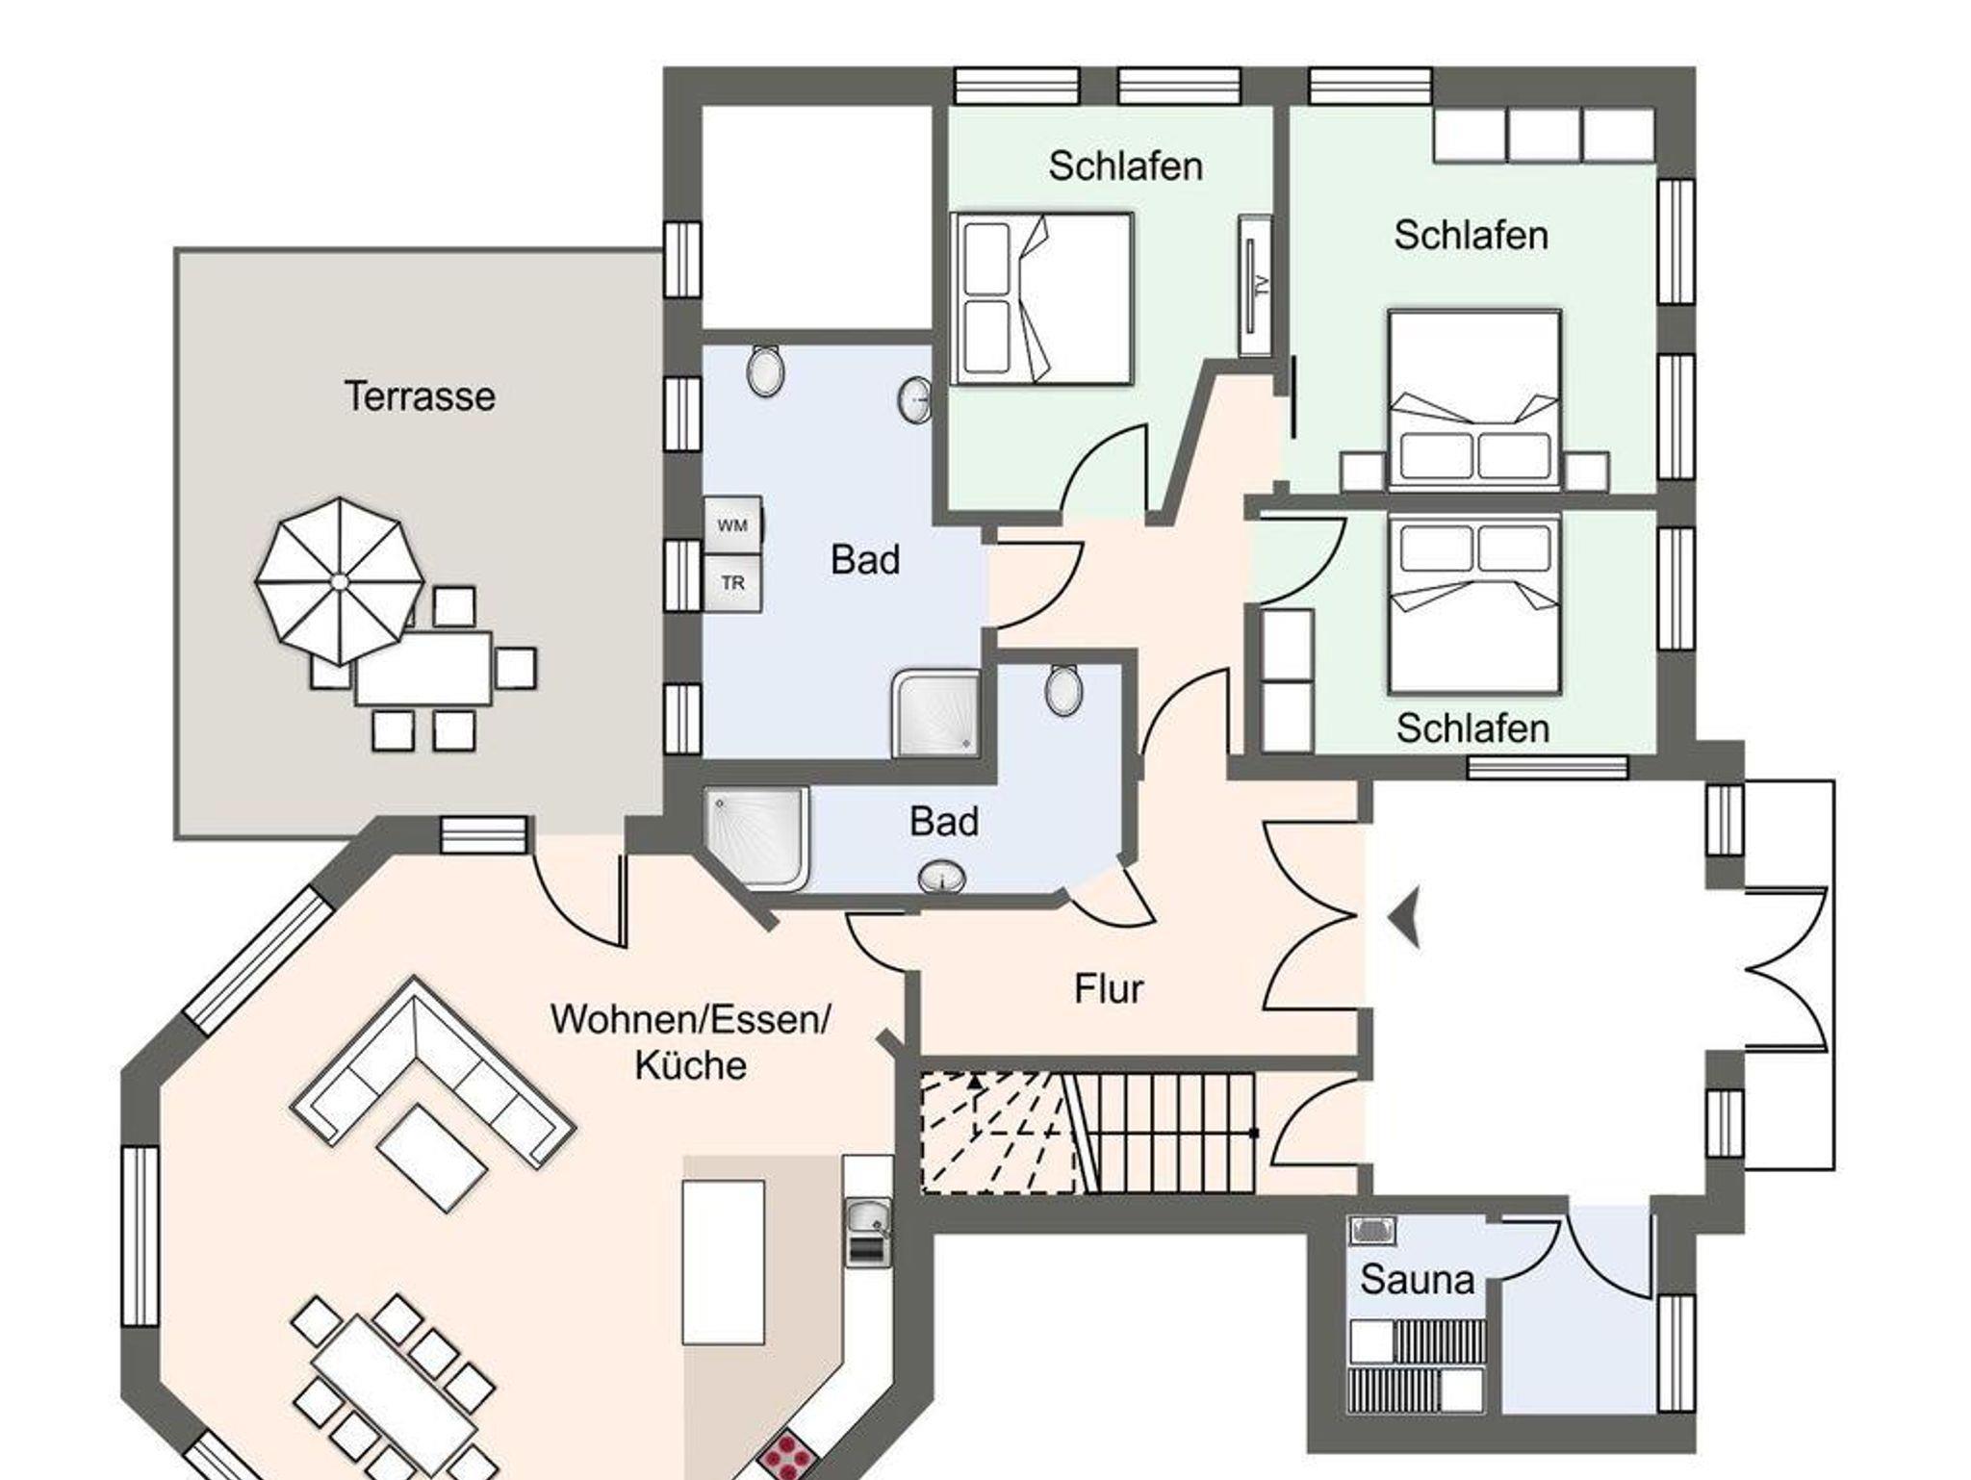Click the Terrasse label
420,396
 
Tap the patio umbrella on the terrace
339,581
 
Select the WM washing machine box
732,525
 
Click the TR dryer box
732,583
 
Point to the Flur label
1109,989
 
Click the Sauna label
1417,1280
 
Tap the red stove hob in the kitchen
786,1457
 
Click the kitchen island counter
723,1262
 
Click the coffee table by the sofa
432,1157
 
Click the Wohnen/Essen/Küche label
690,1042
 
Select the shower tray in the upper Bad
934,712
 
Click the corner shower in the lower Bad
758,837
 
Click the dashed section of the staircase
996,1134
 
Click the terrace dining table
423,668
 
